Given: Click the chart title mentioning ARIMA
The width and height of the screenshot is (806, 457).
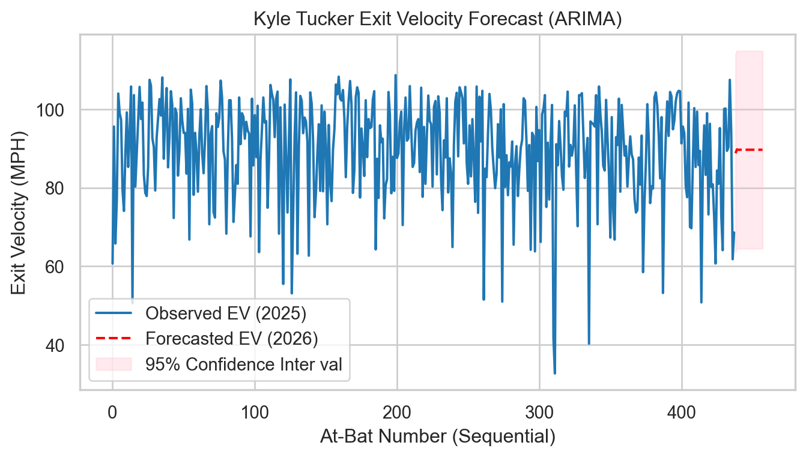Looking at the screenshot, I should click(x=437, y=19).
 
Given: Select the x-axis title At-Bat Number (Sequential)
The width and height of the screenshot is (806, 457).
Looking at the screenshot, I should click(x=437, y=437).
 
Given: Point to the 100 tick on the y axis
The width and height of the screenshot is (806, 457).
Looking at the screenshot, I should click(x=59, y=110).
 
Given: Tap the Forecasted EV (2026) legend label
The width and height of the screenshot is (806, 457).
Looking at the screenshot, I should click(x=232, y=339).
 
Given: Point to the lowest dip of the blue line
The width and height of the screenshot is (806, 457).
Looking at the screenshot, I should click(x=555, y=373).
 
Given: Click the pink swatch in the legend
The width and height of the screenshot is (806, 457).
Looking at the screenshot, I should click(x=113, y=364).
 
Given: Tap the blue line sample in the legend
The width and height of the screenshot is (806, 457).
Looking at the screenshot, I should click(x=113, y=313).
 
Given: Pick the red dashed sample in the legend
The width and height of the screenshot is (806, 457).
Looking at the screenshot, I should click(x=113, y=339).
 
